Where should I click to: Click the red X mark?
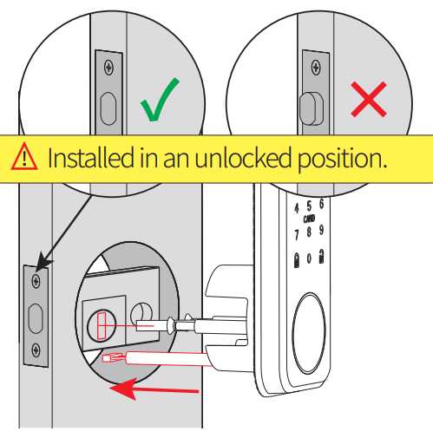tap(369, 99)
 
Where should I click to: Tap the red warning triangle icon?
tap(24, 156)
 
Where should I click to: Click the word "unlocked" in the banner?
tap(243, 158)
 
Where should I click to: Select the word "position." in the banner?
tap(342, 159)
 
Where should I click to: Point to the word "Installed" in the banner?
tap(91, 157)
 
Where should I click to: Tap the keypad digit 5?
tap(309, 206)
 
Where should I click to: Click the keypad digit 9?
tap(321, 230)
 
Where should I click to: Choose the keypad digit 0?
tap(309, 258)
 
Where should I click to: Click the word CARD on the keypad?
tap(309, 219)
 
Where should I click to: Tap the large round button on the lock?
tap(308, 332)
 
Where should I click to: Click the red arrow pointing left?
tap(154, 389)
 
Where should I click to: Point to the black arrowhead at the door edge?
tap(43, 261)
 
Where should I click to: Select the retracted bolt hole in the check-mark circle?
tap(108, 108)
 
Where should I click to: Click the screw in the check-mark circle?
tap(108, 68)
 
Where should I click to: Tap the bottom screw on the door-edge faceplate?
tap(36, 350)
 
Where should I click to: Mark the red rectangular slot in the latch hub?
tap(102, 326)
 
